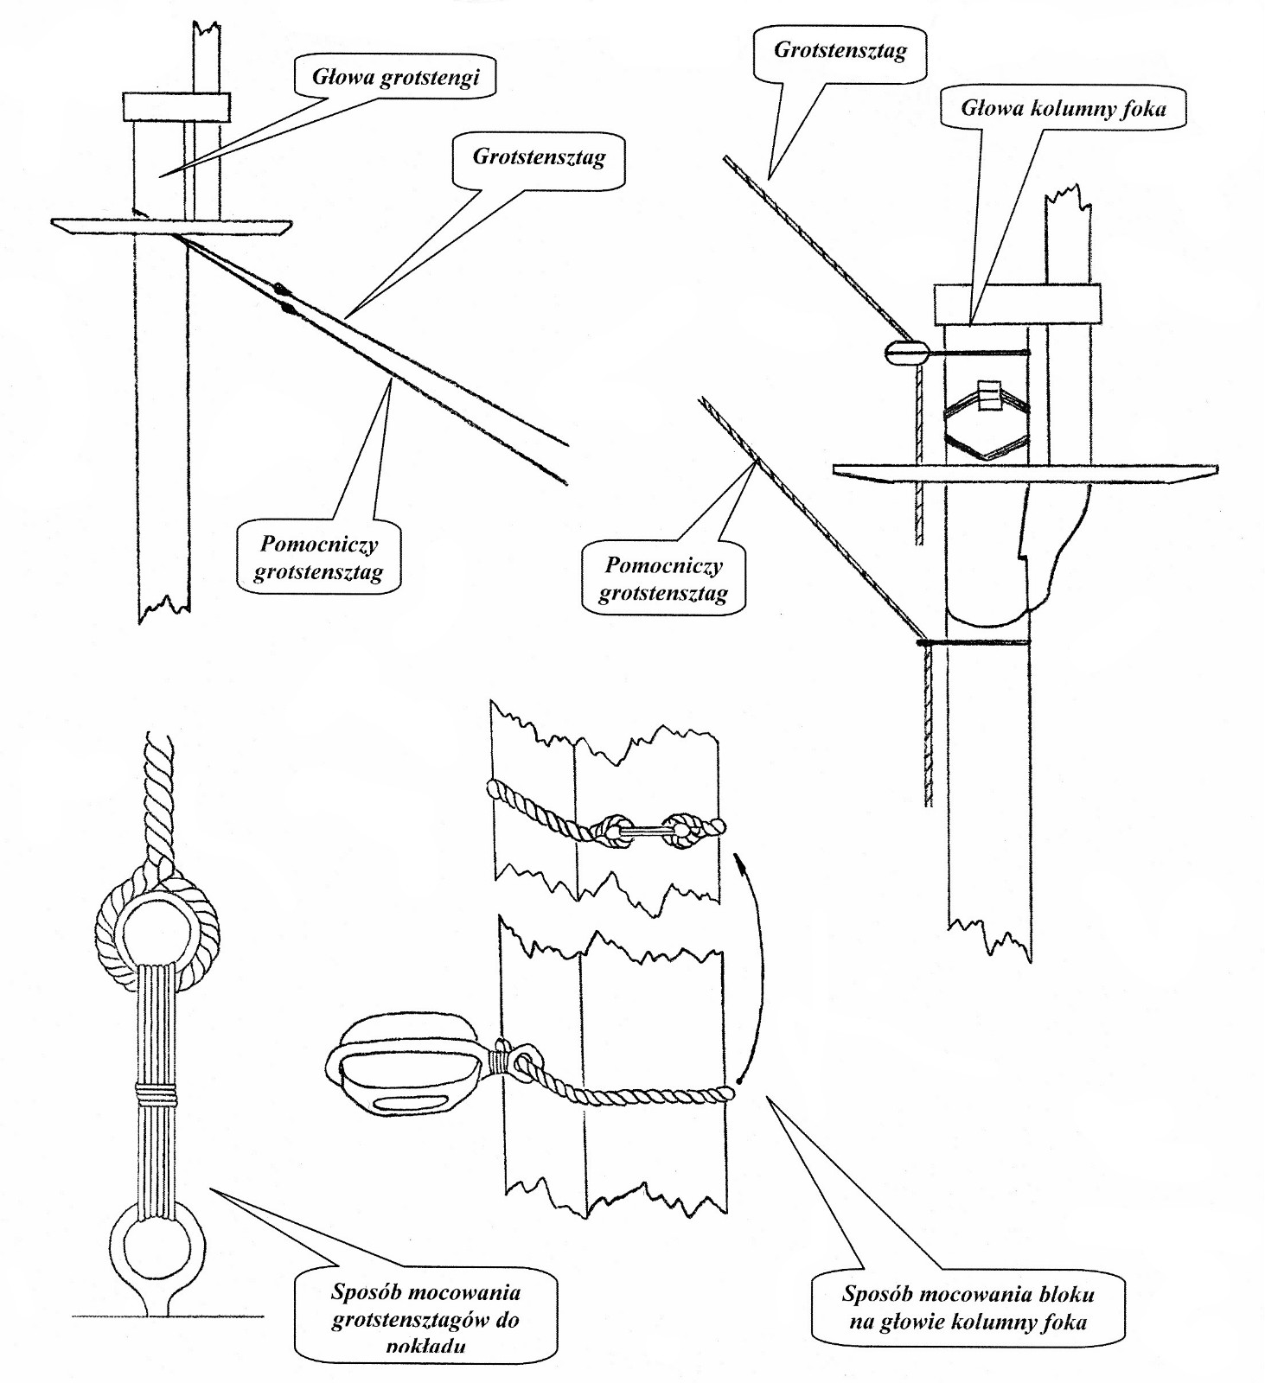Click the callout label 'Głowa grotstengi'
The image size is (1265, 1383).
pos(396,78)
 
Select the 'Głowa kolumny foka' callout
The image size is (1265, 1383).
pos(1063,109)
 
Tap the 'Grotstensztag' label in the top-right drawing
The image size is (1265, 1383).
pos(840,50)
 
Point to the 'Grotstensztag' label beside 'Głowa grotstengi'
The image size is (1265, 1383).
pos(538,157)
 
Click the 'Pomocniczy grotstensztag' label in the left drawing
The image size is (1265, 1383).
pos(319,558)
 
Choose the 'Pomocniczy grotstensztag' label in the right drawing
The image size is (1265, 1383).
pos(662,579)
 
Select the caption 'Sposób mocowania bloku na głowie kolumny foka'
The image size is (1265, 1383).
pos(968,1307)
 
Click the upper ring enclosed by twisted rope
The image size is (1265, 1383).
pos(157,932)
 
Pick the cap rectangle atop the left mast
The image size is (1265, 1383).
pos(176,107)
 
